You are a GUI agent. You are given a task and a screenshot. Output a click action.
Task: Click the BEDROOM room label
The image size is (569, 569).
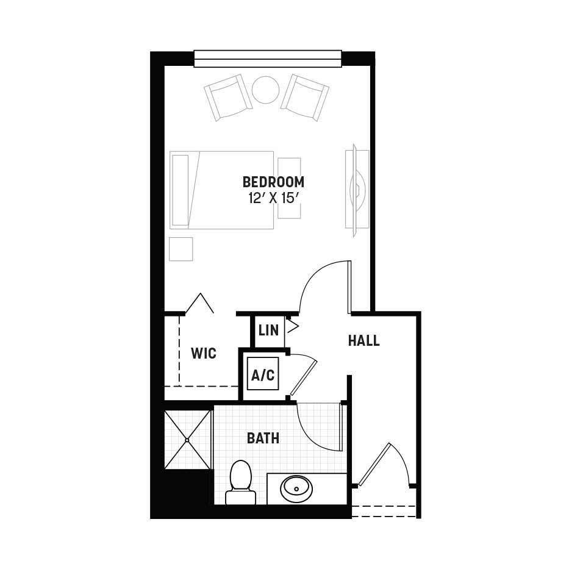(x=273, y=182)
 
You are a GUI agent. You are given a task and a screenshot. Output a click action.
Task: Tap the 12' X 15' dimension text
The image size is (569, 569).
(x=273, y=198)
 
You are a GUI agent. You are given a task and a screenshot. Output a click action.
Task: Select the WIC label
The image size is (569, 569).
(x=204, y=353)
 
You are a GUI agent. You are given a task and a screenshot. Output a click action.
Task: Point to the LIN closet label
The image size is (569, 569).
(x=268, y=331)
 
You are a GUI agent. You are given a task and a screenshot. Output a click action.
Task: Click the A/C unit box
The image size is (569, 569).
(x=263, y=374)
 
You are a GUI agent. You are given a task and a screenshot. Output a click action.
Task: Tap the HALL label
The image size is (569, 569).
(x=363, y=341)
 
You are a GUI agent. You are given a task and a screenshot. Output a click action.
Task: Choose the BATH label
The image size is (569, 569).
(x=263, y=438)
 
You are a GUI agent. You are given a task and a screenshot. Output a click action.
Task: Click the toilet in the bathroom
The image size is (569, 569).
(x=241, y=482)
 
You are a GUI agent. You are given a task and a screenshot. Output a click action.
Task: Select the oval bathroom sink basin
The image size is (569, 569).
(x=296, y=488)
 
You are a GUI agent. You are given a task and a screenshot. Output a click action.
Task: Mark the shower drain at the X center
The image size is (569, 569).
(x=188, y=440)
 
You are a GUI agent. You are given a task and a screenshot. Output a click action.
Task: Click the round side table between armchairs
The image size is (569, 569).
(x=266, y=90)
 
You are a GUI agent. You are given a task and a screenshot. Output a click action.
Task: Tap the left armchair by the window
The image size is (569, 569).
(x=228, y=97)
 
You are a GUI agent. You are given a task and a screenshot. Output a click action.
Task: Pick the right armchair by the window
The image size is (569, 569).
(x=305, y=98)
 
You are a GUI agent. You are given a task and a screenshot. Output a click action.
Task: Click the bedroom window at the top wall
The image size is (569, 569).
(x=268, y=59)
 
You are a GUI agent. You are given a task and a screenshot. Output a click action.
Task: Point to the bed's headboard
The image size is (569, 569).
(x=181, y=190)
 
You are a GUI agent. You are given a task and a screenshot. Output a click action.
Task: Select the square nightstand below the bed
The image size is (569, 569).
(x=181, y=249)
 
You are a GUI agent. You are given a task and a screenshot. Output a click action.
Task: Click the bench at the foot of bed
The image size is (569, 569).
(x=289, y=188)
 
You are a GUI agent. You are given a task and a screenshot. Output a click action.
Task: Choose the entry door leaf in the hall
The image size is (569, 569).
(x=374, y=465)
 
